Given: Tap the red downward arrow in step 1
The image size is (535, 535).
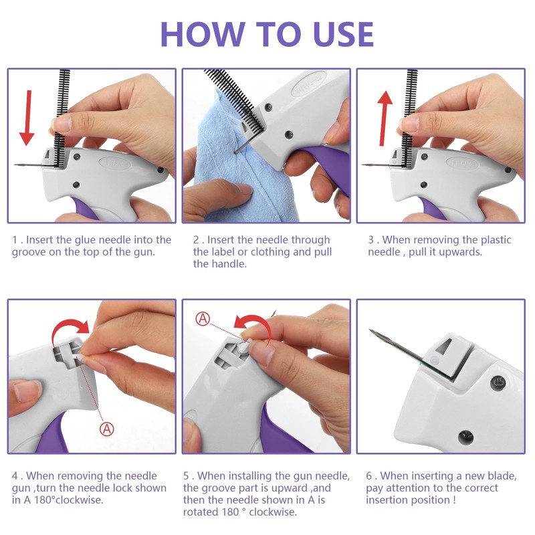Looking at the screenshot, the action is tap(27, 118).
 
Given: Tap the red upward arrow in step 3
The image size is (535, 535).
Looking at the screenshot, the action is tap(385, 118).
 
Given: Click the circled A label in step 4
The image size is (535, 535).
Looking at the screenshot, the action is tap(107, 429).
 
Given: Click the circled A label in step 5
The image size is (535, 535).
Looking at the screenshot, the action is tap(203, 319).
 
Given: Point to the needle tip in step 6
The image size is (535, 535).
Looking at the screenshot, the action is tap(370, 330).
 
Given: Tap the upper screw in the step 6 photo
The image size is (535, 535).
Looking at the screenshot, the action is tap(498, 383).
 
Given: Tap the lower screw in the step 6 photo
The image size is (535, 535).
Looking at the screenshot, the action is tap(465, 437).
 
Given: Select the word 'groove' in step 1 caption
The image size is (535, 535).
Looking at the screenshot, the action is tap(29, 253).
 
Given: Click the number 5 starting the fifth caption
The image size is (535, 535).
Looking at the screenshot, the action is tap(186, 475).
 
